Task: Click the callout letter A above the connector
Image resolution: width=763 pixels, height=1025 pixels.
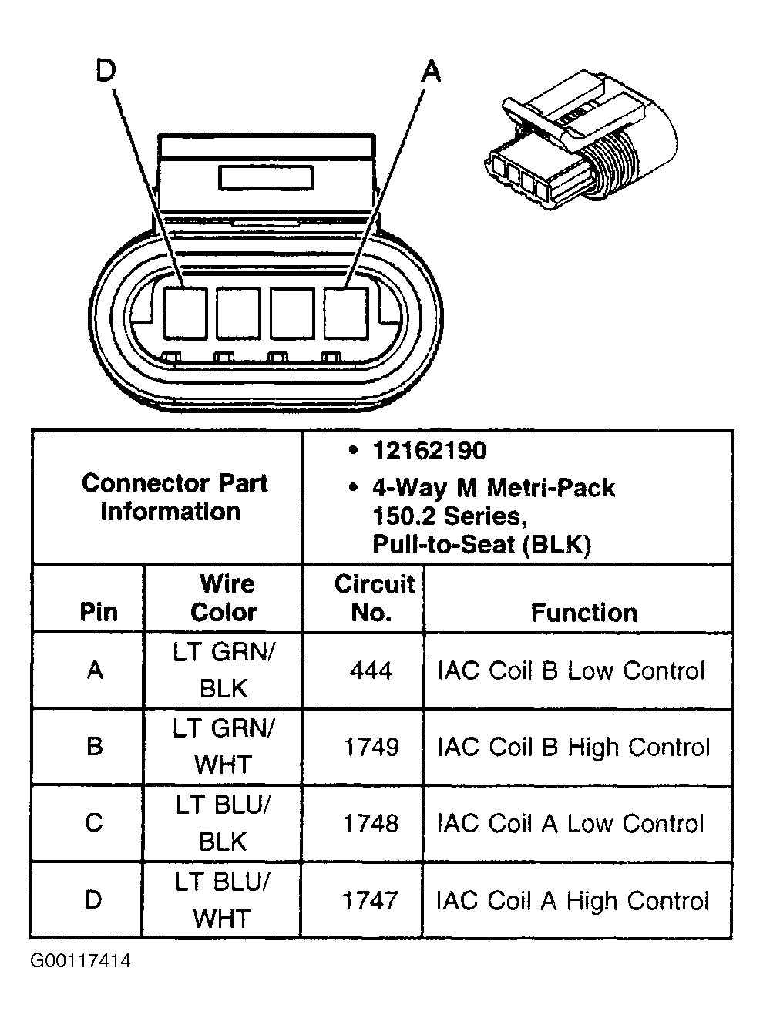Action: tap(432, 72)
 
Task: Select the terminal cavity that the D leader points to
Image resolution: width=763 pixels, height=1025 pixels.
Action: tap(186, 312)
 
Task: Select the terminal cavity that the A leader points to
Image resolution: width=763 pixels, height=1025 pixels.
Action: tap(345, 312)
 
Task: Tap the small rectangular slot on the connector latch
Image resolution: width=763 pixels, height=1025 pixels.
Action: tap(265, 178)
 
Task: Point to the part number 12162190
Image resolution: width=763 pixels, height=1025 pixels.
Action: tap(429, 451)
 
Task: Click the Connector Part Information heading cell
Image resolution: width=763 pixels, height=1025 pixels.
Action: tap(173, 497)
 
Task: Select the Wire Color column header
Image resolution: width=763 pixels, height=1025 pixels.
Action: tap(224, 598)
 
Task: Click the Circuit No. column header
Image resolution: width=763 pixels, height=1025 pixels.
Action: tap(373, 598)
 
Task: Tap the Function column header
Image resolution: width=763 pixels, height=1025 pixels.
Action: tap(583, 613)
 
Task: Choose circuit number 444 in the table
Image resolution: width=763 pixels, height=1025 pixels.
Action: tap(371, 670)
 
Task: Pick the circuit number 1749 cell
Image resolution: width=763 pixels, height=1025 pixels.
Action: tap(371, 747)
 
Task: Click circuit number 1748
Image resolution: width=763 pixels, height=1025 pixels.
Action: tap(371, 823)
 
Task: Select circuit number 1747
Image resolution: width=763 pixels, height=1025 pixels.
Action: tap(370, 900)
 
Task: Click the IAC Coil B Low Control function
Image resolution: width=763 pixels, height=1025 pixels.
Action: tap(571, 670)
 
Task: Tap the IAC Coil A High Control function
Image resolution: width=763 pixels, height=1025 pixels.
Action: tap(572, 900)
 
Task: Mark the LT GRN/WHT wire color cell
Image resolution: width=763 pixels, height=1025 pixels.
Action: tap(224, 746)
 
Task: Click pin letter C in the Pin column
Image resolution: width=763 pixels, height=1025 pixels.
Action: tap(94, 823)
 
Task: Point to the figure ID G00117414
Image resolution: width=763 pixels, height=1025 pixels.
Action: tap(81, 961)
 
